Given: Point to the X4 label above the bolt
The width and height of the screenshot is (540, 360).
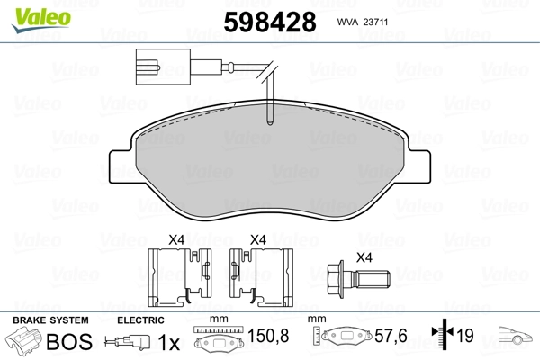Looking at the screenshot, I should click(x=364, y=257).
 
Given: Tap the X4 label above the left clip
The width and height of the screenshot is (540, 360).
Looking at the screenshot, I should click(x=177, y=239).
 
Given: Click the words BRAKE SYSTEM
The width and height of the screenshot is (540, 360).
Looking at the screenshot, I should click(x=49, y=320).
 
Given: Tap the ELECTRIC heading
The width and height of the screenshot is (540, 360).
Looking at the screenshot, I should click(x=140, y=320).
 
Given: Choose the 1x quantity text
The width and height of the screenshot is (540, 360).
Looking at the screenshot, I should click(x=167, y=342).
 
